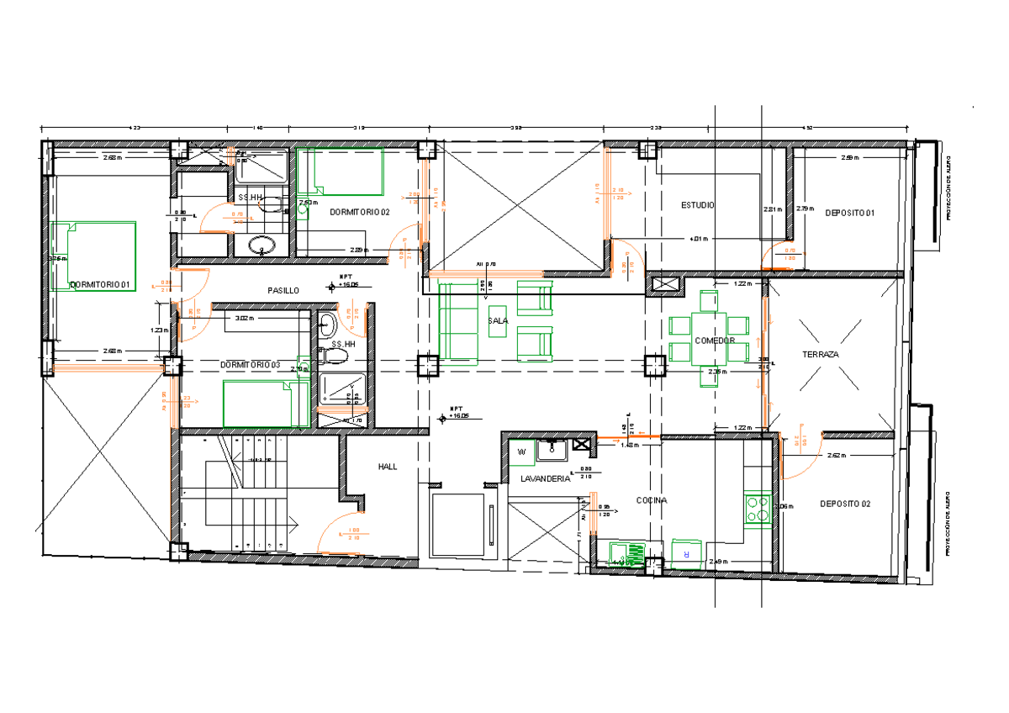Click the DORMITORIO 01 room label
pyautogui.click(x=99, y=284)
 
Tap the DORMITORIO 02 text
pyautogui.click(x=360, y=211)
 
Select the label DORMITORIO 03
pyautogui.click(x=250, y=365)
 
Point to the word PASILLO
pyautogui.click(x=283, y=290)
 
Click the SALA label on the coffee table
pyautogui.click(x=498, y=320)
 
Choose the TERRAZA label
pyautogui.click(x=820, y=354)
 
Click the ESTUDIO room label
pyautogui.click(x=698, y=204)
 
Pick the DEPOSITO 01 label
pyautogui.click(x=849, y=213)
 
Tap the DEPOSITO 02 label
pyautogui.click(x=845, y=504)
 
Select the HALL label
pyautogui.click(x=388, y=466)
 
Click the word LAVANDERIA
pyautogui.click(x=545, y=478)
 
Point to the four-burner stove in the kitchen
pyautogui.click(x=758, y=508)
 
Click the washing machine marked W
pyautogui.click(x=521, y=452)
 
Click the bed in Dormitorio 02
pyautogui.click(x=340, y=171)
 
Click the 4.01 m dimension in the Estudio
pyautogui.click(x=698, y=239)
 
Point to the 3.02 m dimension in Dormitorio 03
pyautogui.click(x=244, y=319)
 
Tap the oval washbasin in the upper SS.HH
pyautogui.click(x=262, y=246)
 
